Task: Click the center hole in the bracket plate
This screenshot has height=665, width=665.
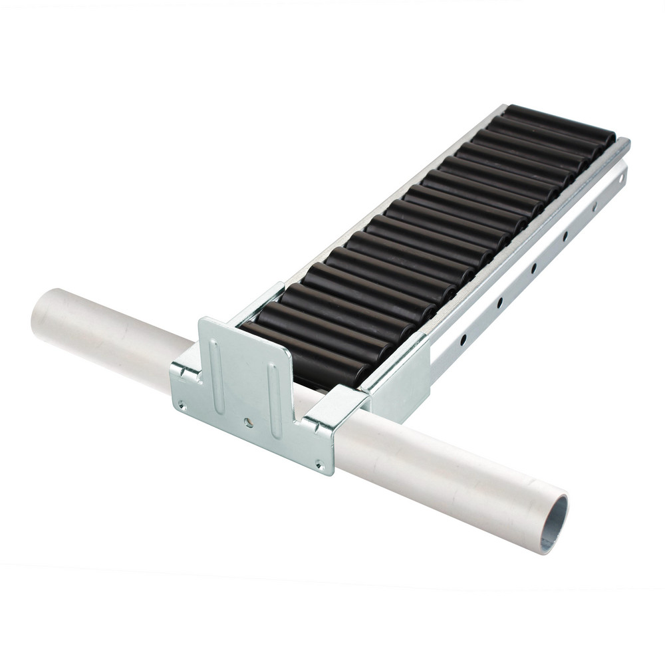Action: tap(247, 421)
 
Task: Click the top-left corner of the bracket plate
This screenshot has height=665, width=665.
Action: tap(201, 321)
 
